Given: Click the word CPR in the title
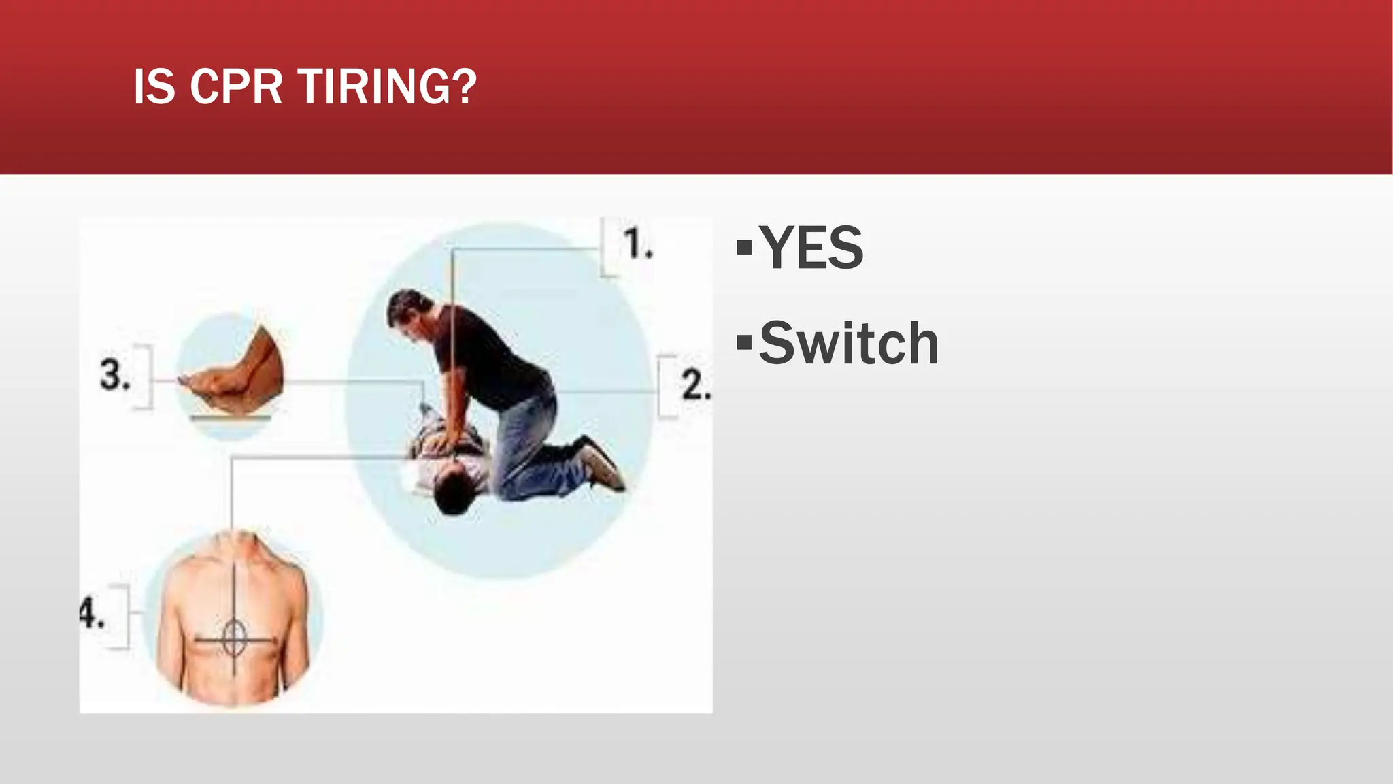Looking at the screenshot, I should tap(235, 87).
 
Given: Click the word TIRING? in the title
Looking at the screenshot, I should tap(387, 87).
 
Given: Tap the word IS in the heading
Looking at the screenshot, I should tap(154, 87).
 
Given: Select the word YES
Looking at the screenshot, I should tap(811, 248).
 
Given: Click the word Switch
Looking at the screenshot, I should tap(849, 343).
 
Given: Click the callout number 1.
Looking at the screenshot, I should tap(637, 244).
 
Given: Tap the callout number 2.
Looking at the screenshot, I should tap(695, 385).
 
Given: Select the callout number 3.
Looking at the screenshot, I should tap(115, 375).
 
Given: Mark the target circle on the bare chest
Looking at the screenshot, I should tap(233, 638).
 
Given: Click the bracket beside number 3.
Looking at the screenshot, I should tap(144, 376).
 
